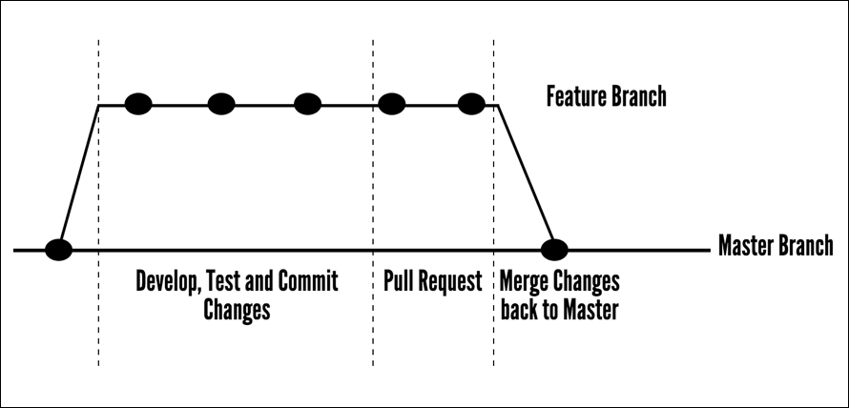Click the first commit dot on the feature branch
[x=138, y=104]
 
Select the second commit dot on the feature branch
[x=220, y=104]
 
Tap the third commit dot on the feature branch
[x=307, y=104]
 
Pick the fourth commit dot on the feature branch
[x=391, y=104]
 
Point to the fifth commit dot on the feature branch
[x=472, y=104]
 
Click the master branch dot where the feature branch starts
[x=59, y=251]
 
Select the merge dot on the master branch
[x=554, y=251]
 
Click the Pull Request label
[x=432, y=282]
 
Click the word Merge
[x=524, y=282]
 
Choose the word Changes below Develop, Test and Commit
[x=237, y=310]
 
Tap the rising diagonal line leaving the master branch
[x=79, y=176]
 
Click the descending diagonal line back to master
[x=526, y=176]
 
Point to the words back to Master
[x=559, y=310]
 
